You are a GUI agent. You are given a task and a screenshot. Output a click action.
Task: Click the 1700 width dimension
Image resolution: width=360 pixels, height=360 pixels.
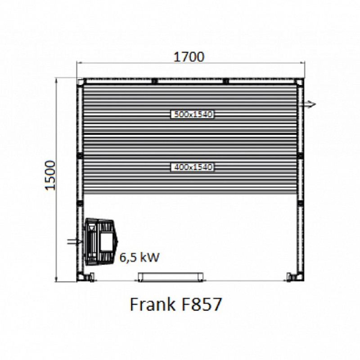pyautogui.click(x=189, y=57)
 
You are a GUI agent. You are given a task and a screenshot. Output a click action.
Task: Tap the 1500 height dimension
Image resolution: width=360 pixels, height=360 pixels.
pyautogui.click(x=50, y=175)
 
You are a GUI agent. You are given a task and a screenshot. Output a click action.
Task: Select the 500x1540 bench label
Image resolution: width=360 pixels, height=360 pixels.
pyautogui.click(x=193, y=114)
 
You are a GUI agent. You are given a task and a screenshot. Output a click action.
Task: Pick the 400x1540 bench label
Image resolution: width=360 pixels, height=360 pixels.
pyautogui.click(x=193, y=167)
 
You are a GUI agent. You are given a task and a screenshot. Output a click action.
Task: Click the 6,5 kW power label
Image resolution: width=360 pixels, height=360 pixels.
pyautogui.click(x=139, y=257)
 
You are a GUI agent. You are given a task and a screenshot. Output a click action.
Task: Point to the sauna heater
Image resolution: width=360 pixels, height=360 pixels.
pyautogui.click(x=101, y=242)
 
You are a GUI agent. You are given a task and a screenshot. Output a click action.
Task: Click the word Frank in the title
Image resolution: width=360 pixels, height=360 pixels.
pyautogui.click(x=153, y=304)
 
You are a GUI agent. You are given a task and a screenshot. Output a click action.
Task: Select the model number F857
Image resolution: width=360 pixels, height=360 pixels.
pyautogui.click(x=202, y=304)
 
